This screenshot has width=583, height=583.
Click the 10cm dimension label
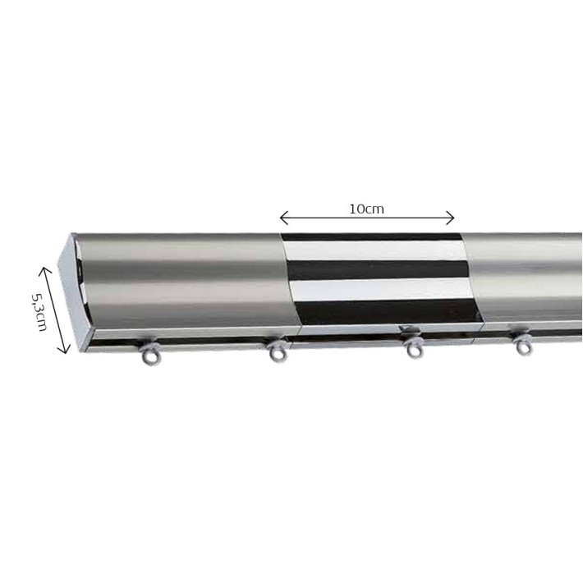point(366,209)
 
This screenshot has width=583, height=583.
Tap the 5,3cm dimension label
point(39,312)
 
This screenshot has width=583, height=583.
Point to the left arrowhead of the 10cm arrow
point(283,218)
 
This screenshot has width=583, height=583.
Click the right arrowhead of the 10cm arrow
point(450,218)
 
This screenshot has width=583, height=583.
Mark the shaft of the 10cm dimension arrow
point(367,218)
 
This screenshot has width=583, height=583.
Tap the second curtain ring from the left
point(278,351)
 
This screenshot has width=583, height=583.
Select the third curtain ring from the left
point(414,348)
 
